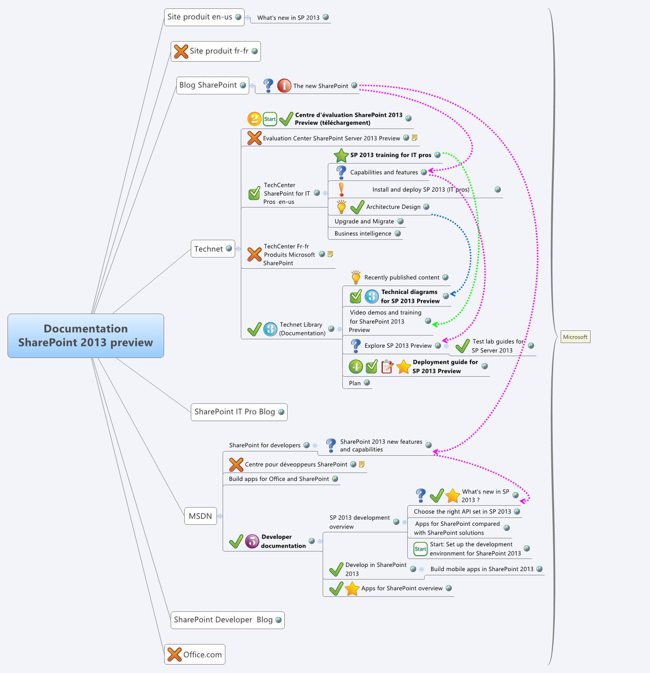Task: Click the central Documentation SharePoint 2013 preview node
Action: point(86,336)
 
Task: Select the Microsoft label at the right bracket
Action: point(575,337)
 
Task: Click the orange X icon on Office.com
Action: point(174,654)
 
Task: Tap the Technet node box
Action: point(209,249)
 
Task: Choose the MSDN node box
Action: point(200,516)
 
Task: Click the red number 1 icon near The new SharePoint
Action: point(284,86)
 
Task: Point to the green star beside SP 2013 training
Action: point(341,155)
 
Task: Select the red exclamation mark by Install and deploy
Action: point(341,189)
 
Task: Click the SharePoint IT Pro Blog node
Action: point(238,412)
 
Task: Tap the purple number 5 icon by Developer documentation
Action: point(252,541)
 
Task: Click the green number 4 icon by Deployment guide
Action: point(356,367)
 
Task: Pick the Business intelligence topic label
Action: point(363,234)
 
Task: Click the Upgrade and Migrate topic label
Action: point(364,222)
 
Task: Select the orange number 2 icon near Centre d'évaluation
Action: point(254,119)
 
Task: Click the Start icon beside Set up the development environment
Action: point(420,549)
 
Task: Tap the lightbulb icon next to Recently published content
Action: point(356,277)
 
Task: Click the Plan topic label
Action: point(354,383)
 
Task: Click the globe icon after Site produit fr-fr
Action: point(254,51)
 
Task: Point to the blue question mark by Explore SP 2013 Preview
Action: point(355,346)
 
